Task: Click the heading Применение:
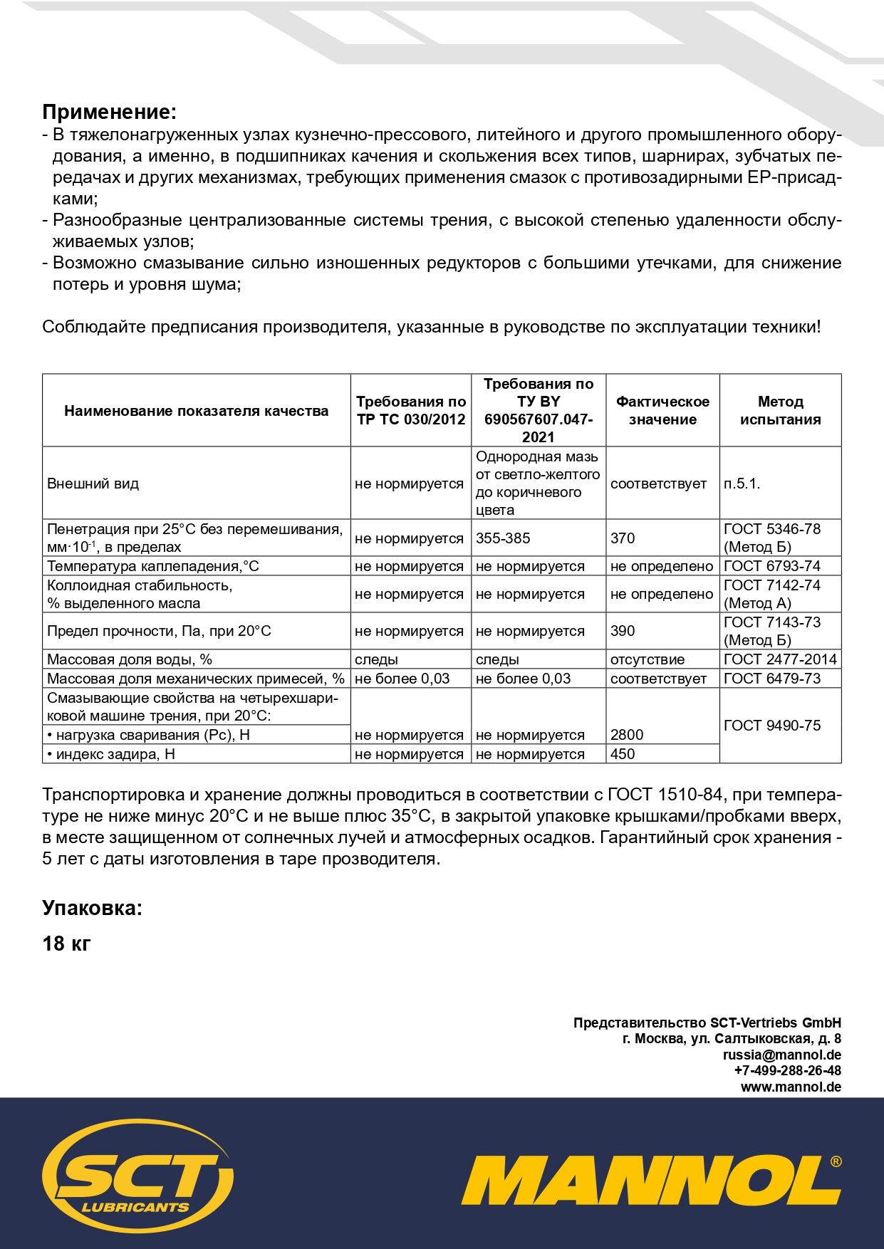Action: (109, 113)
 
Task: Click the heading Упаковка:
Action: (92, 908)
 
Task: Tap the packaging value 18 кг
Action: (66, 944)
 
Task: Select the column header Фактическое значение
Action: (662, 411)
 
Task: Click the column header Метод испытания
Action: (780, 411)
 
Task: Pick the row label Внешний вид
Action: (93, 484)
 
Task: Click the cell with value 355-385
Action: (503, 538)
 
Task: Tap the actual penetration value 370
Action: (623, 538)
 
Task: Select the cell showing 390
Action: (623, 631)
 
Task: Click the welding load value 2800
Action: (627, 735)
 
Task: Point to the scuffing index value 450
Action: (623, 754)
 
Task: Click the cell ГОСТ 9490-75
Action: (772, 726)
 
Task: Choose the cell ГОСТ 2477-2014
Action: (780, 659)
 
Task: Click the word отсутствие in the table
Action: (647, 659)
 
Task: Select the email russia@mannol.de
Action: (781, 1055)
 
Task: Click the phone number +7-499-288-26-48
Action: (787, 1071)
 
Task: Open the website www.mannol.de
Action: (791, 1087)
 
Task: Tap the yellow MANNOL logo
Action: (650, 1180)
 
